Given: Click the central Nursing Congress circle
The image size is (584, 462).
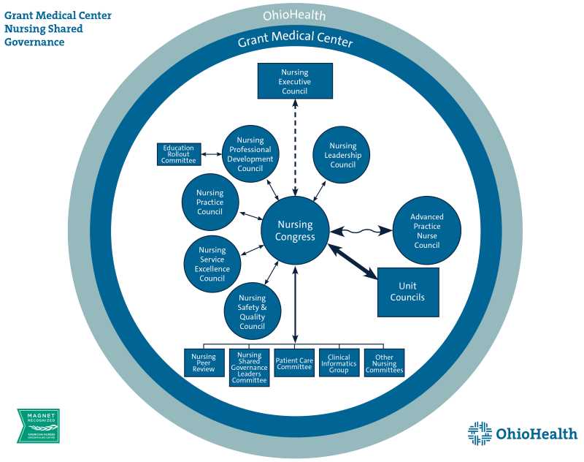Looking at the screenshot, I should pyautogui.click(x=295, y=231).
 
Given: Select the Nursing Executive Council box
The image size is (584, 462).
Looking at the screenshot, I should pyautogui.click(x=295, y=81).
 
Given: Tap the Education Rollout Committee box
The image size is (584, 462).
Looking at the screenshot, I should pyautogui.click(x=179, y=154).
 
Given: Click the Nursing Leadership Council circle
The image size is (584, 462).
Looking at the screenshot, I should pyautogui.click(x=342, y=155).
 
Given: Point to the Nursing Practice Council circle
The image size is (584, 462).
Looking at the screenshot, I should pyautogui.click(x=210, y=202).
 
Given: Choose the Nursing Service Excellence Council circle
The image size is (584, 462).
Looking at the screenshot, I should pyautogui.click(x=212, y=264).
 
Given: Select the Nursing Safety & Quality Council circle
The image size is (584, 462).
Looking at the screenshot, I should pyautogui.click(x=253, y=311).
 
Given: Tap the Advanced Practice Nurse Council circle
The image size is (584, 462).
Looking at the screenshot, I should pyautogui.click(x=427, y=231).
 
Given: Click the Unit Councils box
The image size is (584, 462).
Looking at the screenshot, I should pyautogui.click(x=407, y=292).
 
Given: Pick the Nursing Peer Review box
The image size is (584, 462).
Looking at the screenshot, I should pyautogui.click(x=204, y=363).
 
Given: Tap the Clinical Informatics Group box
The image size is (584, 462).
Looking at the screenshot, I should pyautogui.click(x=339, y=363).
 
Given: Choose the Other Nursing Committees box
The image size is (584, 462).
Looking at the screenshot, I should pyautogui.click(x=384, y=363).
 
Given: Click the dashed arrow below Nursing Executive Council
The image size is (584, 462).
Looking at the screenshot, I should pyautogui.click(x=295, y=146).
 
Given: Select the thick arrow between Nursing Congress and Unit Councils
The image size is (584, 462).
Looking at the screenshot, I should pyautogui.click(x=353, y=262).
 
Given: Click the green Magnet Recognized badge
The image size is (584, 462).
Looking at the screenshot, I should pyautogui.click(x=38, y=425).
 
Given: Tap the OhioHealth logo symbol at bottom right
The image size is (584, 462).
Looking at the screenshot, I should pyautogui.click(x=480, y=433).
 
